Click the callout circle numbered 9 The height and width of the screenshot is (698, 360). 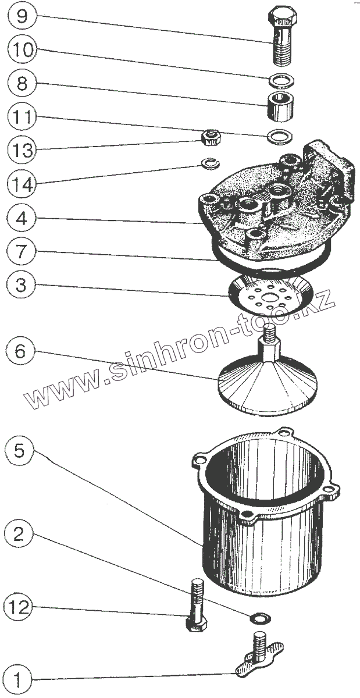(22, 15)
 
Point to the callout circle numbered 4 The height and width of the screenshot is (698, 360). (22, 219)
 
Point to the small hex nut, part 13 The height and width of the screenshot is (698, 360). (208, 138)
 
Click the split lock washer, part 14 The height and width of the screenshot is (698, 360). (209, 163)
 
